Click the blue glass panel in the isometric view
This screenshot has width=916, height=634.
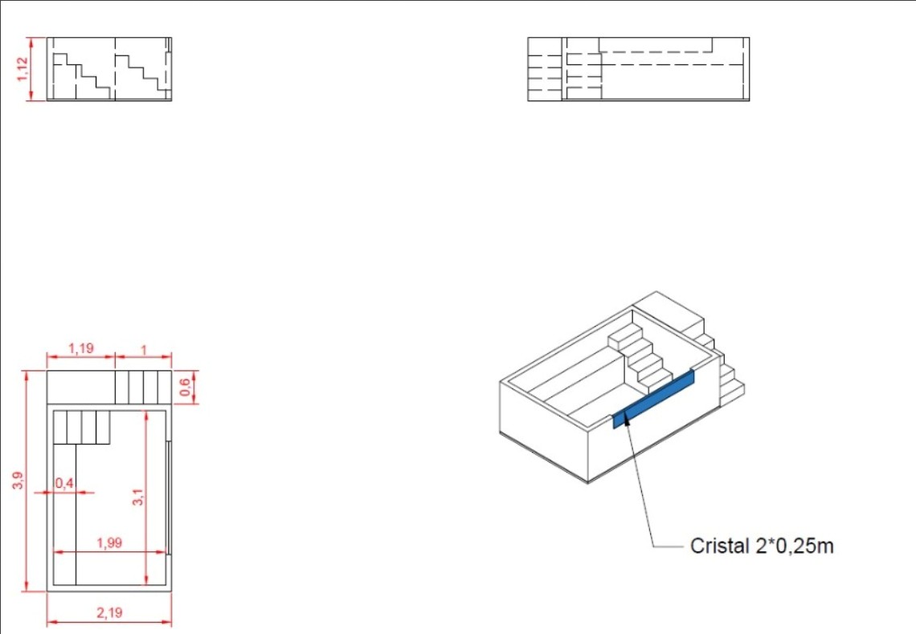tap(654, 400)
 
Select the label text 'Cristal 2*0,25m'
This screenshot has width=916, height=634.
tap(762, 546)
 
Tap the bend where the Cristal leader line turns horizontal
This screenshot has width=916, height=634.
tap(653, 547)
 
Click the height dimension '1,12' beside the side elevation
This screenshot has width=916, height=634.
tap(22, 69)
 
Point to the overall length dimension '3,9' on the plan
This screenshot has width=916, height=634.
tap(18, 480)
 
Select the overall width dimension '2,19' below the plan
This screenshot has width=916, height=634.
tap(109, 612)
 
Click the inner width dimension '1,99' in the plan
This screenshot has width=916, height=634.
tap(109, 543)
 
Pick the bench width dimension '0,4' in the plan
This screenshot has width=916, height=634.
tap(64, 483)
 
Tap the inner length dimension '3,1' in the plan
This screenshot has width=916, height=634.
tap(138, 498)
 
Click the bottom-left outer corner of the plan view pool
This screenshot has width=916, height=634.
tap(47, 591)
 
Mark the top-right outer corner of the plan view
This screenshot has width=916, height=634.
tap(172, 370)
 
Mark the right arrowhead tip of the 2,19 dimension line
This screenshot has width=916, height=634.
tap(171, 622)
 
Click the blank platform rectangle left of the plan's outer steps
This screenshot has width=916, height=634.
tap(81, 388)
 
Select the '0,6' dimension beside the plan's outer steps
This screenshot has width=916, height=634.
tap(185, 388)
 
